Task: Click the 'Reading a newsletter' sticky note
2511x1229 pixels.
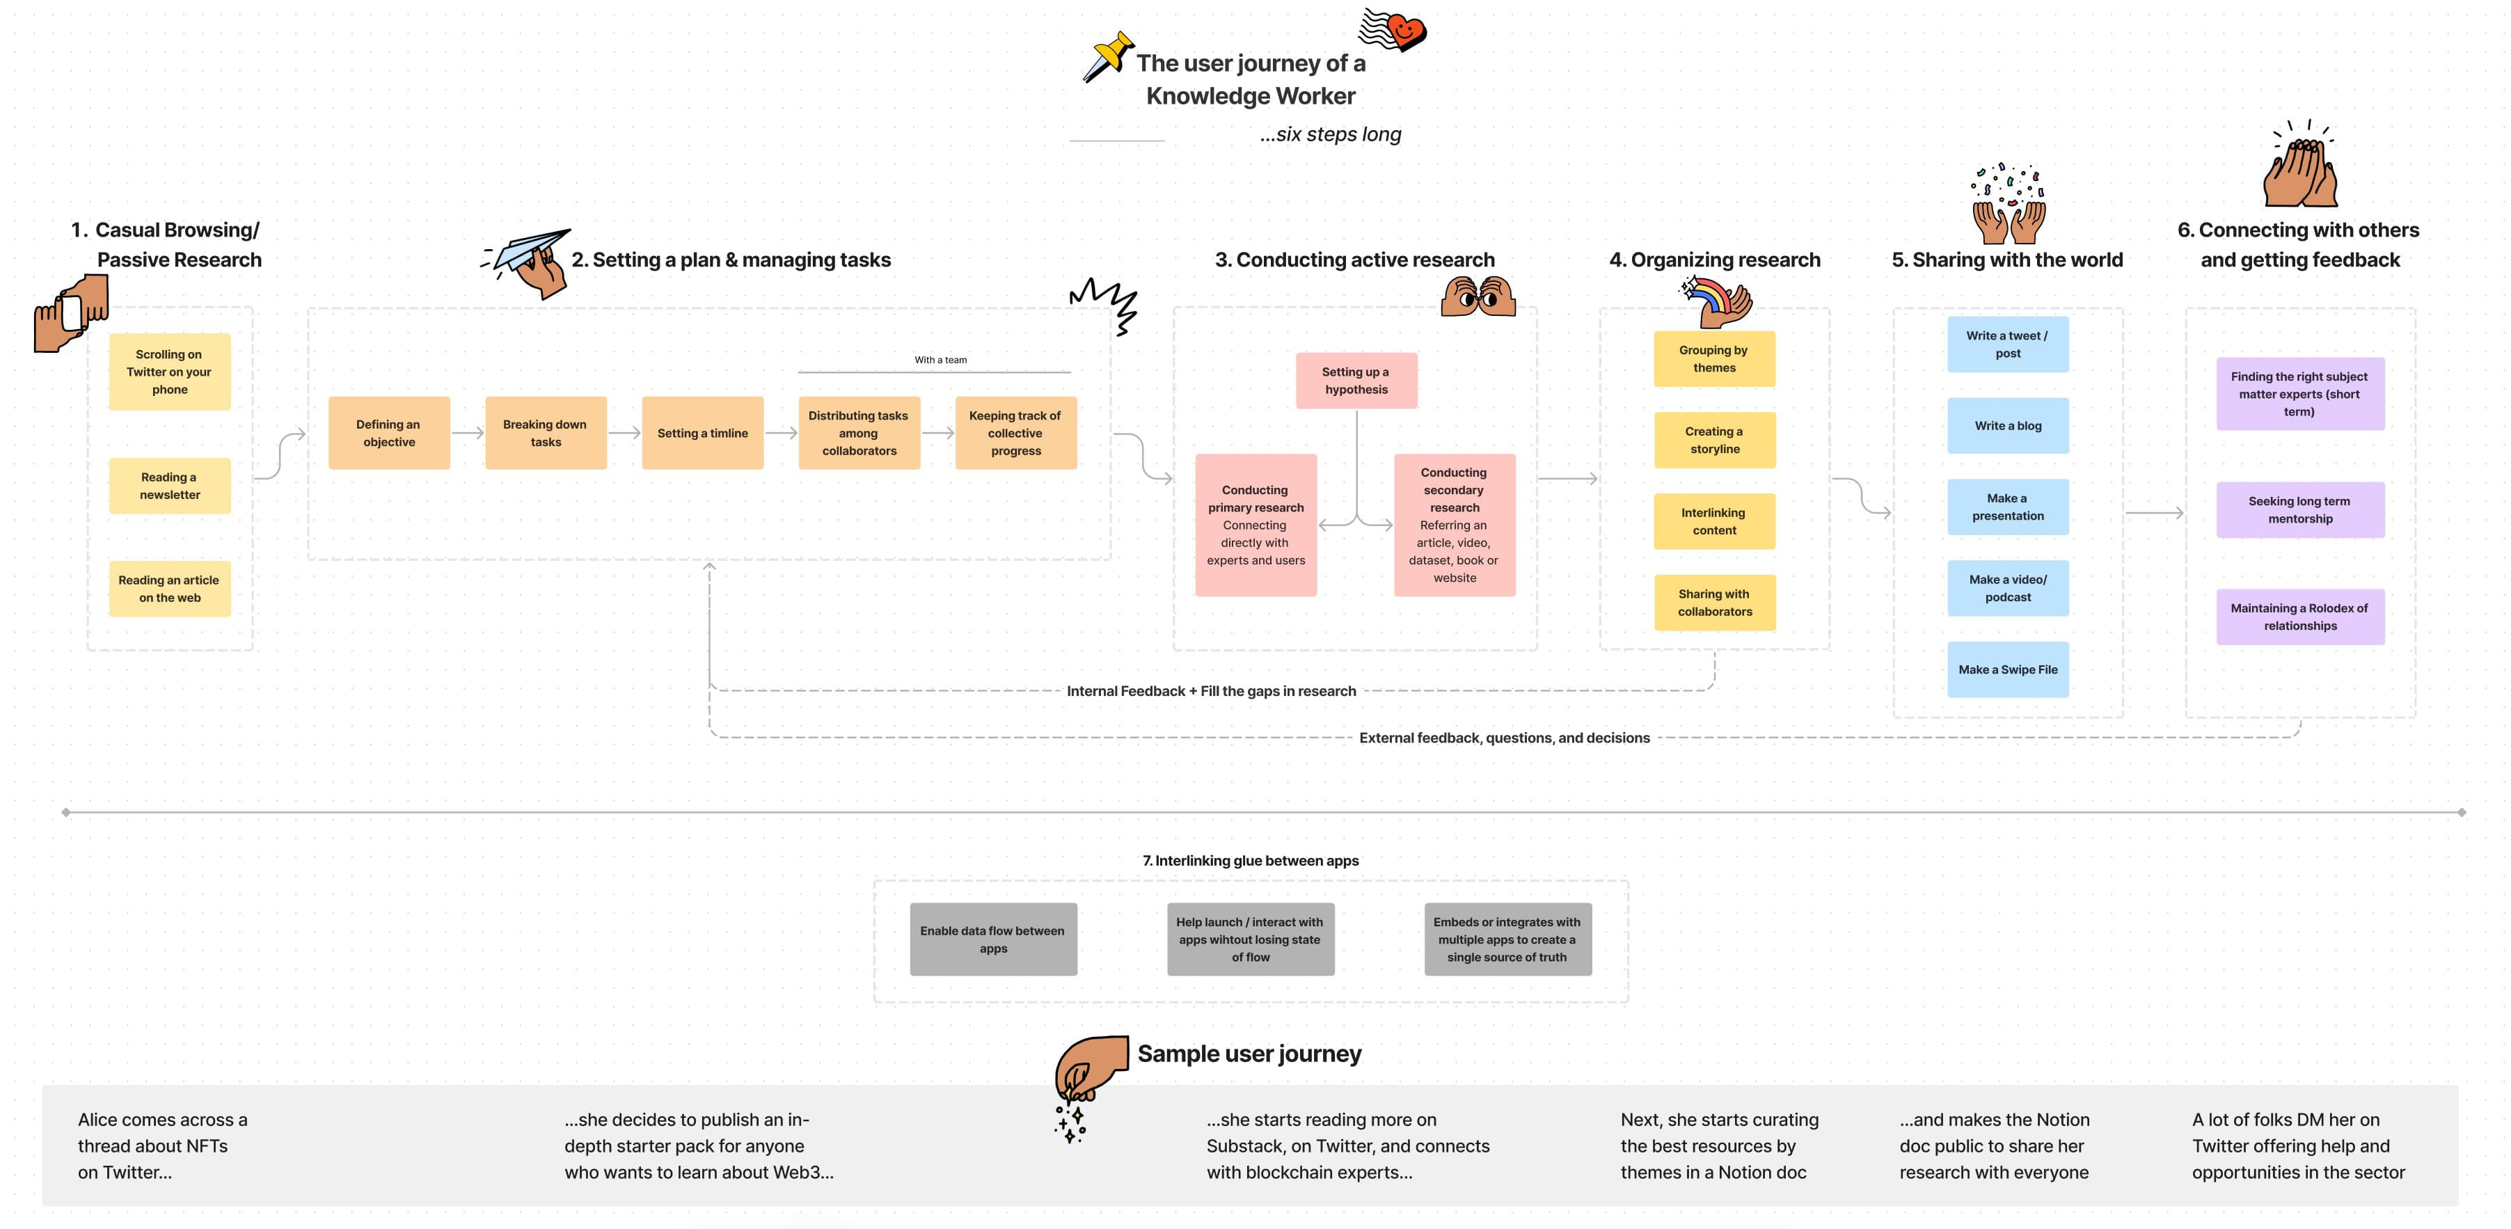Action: click(x=170, y=485)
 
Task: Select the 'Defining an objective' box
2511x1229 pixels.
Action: click(x=389, y=433)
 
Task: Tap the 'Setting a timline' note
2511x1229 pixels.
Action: click(x=702, y=433)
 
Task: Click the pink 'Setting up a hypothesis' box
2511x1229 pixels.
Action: click(x=1356, y=380)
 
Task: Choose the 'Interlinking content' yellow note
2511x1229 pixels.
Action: click(x=1713, y=521)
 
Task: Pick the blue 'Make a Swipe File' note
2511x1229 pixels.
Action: click(x=2007, y=669)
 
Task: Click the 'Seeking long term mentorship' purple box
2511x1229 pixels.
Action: click(x=2299, y=509)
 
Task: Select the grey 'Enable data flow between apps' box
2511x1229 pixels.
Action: click(x=993, y=939)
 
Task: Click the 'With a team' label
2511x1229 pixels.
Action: click(x=941, y=360)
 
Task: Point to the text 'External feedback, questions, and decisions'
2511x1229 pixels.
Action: click(x=1504, y=738)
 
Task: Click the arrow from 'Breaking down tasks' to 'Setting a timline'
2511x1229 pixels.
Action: click(x=624, y=433)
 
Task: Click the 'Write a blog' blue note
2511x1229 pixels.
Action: click(x=2007, y=426)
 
